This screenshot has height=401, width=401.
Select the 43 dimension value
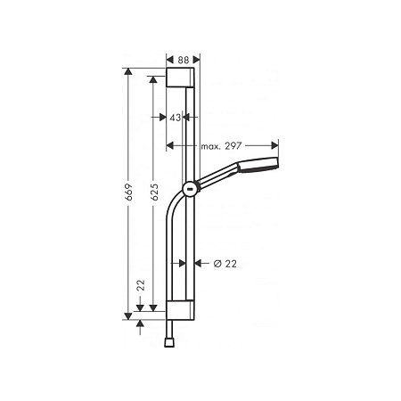[176, 118]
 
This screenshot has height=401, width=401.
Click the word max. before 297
[211, 145]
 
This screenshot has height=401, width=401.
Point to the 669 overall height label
[129, 192]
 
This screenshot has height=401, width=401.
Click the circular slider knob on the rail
[189, 188]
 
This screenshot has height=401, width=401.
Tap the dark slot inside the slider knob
[189, 188]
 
